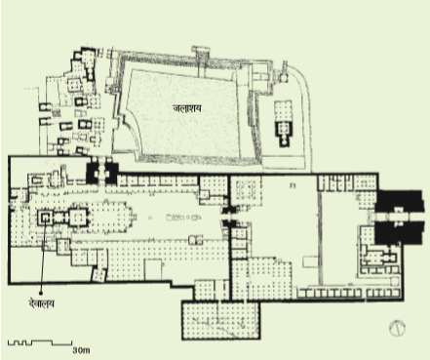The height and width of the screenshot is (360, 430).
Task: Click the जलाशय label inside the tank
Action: click(x=187, y=108)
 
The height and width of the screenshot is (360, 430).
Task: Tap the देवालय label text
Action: click(x=41, y=303)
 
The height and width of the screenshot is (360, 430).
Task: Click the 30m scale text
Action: click(x=81, y=350)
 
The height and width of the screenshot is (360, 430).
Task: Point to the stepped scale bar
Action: click(x=40, y=342)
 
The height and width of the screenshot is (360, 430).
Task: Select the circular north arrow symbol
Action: click(x=397, y=328)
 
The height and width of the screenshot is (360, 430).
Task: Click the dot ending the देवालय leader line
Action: click(x=41, y=293)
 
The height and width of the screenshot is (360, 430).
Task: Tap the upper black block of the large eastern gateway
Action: click(x=399, y=201)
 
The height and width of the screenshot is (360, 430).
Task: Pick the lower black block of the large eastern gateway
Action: click(x=399, y=232)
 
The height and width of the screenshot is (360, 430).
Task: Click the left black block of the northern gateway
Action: click(x=92, y=174)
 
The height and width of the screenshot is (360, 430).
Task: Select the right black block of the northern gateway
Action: click(x=111, y=174)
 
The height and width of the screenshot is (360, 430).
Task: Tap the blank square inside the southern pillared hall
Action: click(x=153, y=269)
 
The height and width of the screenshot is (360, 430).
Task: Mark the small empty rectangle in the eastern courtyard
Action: click(x=310, y=261)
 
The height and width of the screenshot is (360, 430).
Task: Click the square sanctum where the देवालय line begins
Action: click(x=45, y=218)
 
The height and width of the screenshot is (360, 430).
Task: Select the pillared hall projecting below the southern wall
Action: click(x=220, y=321)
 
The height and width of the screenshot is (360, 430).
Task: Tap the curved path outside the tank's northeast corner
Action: click(x=306, y=107)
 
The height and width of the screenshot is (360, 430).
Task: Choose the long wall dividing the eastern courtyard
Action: click(x=320, y=238)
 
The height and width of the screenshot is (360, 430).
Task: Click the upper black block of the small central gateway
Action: click(x=229, y=209)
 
